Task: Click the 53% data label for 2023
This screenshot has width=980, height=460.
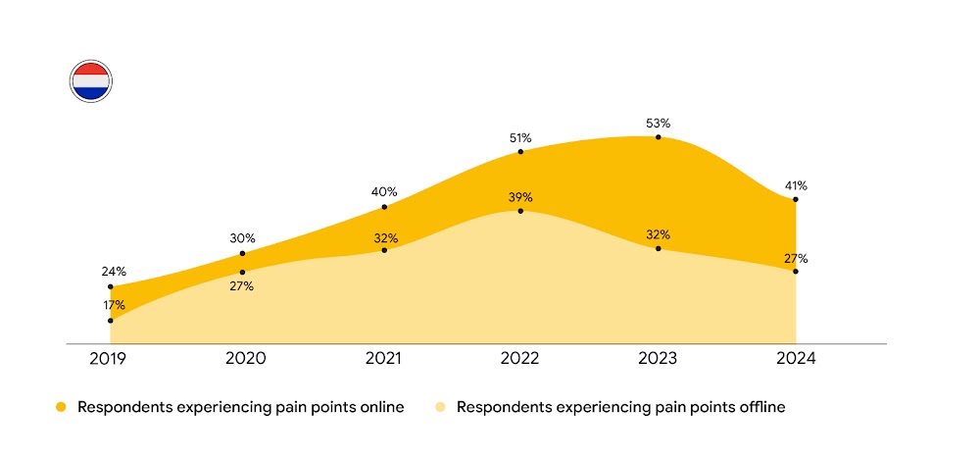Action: point(659,124)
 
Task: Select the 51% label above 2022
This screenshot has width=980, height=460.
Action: point(520,138)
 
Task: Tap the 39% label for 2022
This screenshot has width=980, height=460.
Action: point(520,197)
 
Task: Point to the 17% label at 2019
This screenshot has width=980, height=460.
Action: point(111,306)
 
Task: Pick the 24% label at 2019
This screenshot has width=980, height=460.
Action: point(111,272)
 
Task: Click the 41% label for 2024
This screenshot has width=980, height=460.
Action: point(796,185)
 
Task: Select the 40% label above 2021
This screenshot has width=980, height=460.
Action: point(384,192)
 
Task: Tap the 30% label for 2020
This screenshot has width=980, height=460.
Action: point(243,238)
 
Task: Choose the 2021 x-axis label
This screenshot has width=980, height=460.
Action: point(383,359)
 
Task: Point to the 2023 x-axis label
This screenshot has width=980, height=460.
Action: point(658,359)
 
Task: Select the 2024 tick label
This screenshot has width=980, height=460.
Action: point(795,359)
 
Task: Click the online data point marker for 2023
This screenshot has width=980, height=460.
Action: point(659,137)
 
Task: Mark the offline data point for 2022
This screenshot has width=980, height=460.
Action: point(520,211)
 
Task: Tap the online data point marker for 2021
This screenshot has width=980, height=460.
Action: point(384,207)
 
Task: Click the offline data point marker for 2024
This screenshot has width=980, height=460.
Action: point(796,271)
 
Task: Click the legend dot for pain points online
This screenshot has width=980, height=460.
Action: point(61,407)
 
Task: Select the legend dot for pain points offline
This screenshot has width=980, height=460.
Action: point(441,407)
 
